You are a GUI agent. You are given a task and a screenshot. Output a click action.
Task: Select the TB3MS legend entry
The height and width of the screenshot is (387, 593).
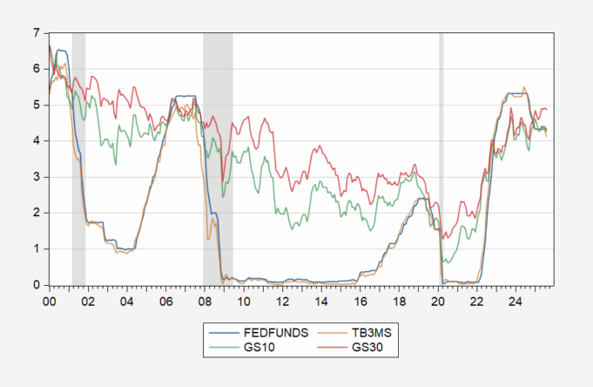coord(342,332)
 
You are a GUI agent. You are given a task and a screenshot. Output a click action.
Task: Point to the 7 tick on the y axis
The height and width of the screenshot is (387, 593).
coord(36,33)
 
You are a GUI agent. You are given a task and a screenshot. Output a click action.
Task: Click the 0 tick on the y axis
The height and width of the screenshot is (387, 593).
coord(36,285)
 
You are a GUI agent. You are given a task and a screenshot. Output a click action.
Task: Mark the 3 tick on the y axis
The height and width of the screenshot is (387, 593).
coord(36,177)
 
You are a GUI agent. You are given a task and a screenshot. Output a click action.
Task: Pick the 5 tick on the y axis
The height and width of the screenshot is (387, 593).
coord(36,105)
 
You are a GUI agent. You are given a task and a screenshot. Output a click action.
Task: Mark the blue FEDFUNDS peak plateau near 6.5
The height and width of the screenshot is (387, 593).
coord(62,51)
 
